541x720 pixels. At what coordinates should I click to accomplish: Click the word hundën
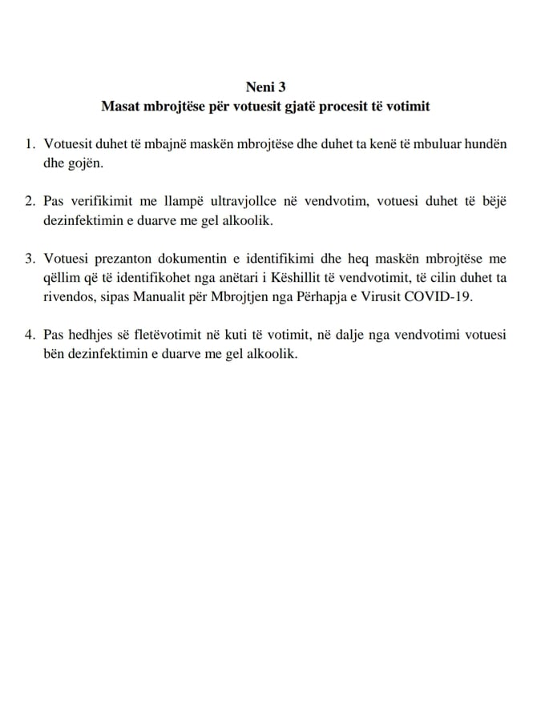tap(487, 144)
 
